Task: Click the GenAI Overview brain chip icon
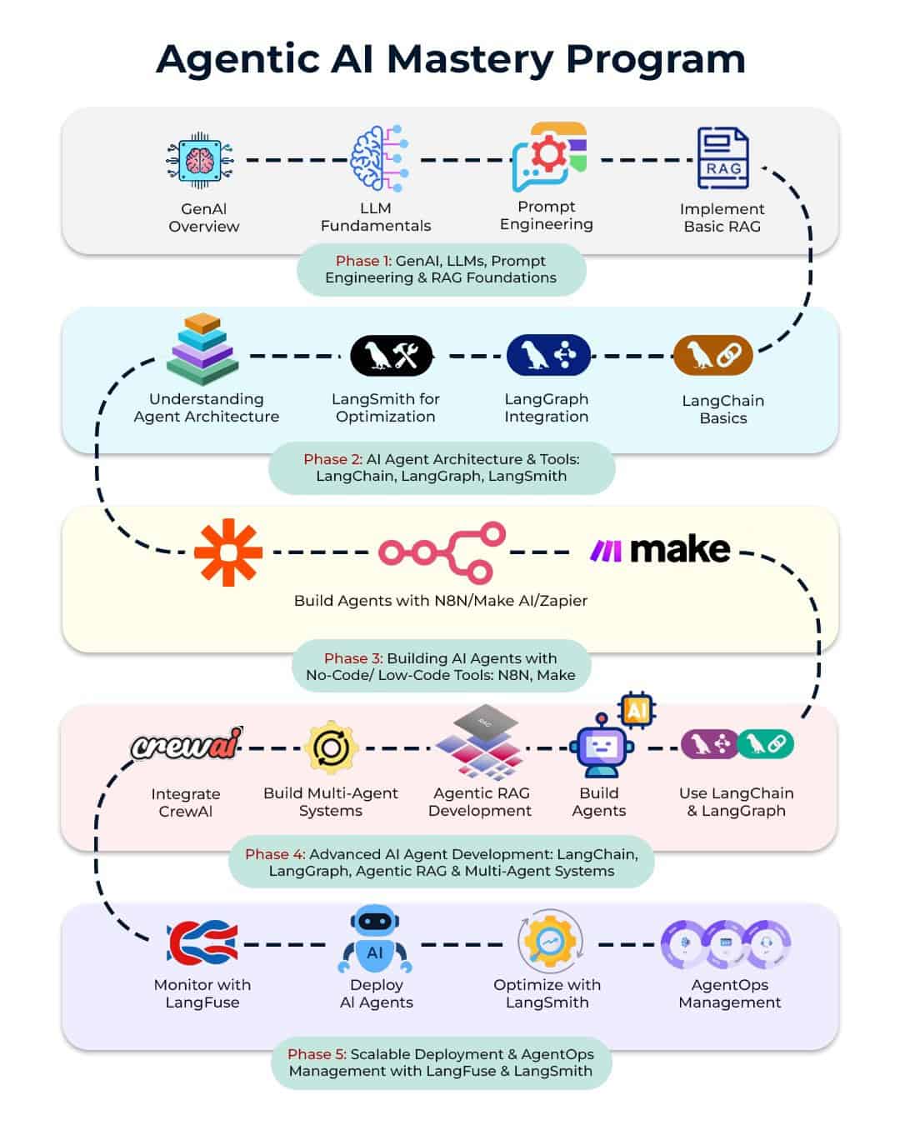(x=200, y=160)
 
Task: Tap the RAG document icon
(x=722, y=158)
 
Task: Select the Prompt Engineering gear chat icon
(x=548, y=157)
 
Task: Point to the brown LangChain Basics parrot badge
(x=713, y=356)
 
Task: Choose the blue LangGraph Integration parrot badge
(x=547, y=356)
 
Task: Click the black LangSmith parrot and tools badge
(x=392, y=356)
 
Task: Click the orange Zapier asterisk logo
(x=227, y=552)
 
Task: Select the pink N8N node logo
(x=442, y=552)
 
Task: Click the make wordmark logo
(x=660, y=550)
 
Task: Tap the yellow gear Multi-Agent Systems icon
(x=331, y=747)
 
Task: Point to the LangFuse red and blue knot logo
(x=202, y=943)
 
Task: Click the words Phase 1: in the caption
(x=363, y=261)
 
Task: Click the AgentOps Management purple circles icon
(x=726, y=944)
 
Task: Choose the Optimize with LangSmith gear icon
(x=548, y=942)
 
